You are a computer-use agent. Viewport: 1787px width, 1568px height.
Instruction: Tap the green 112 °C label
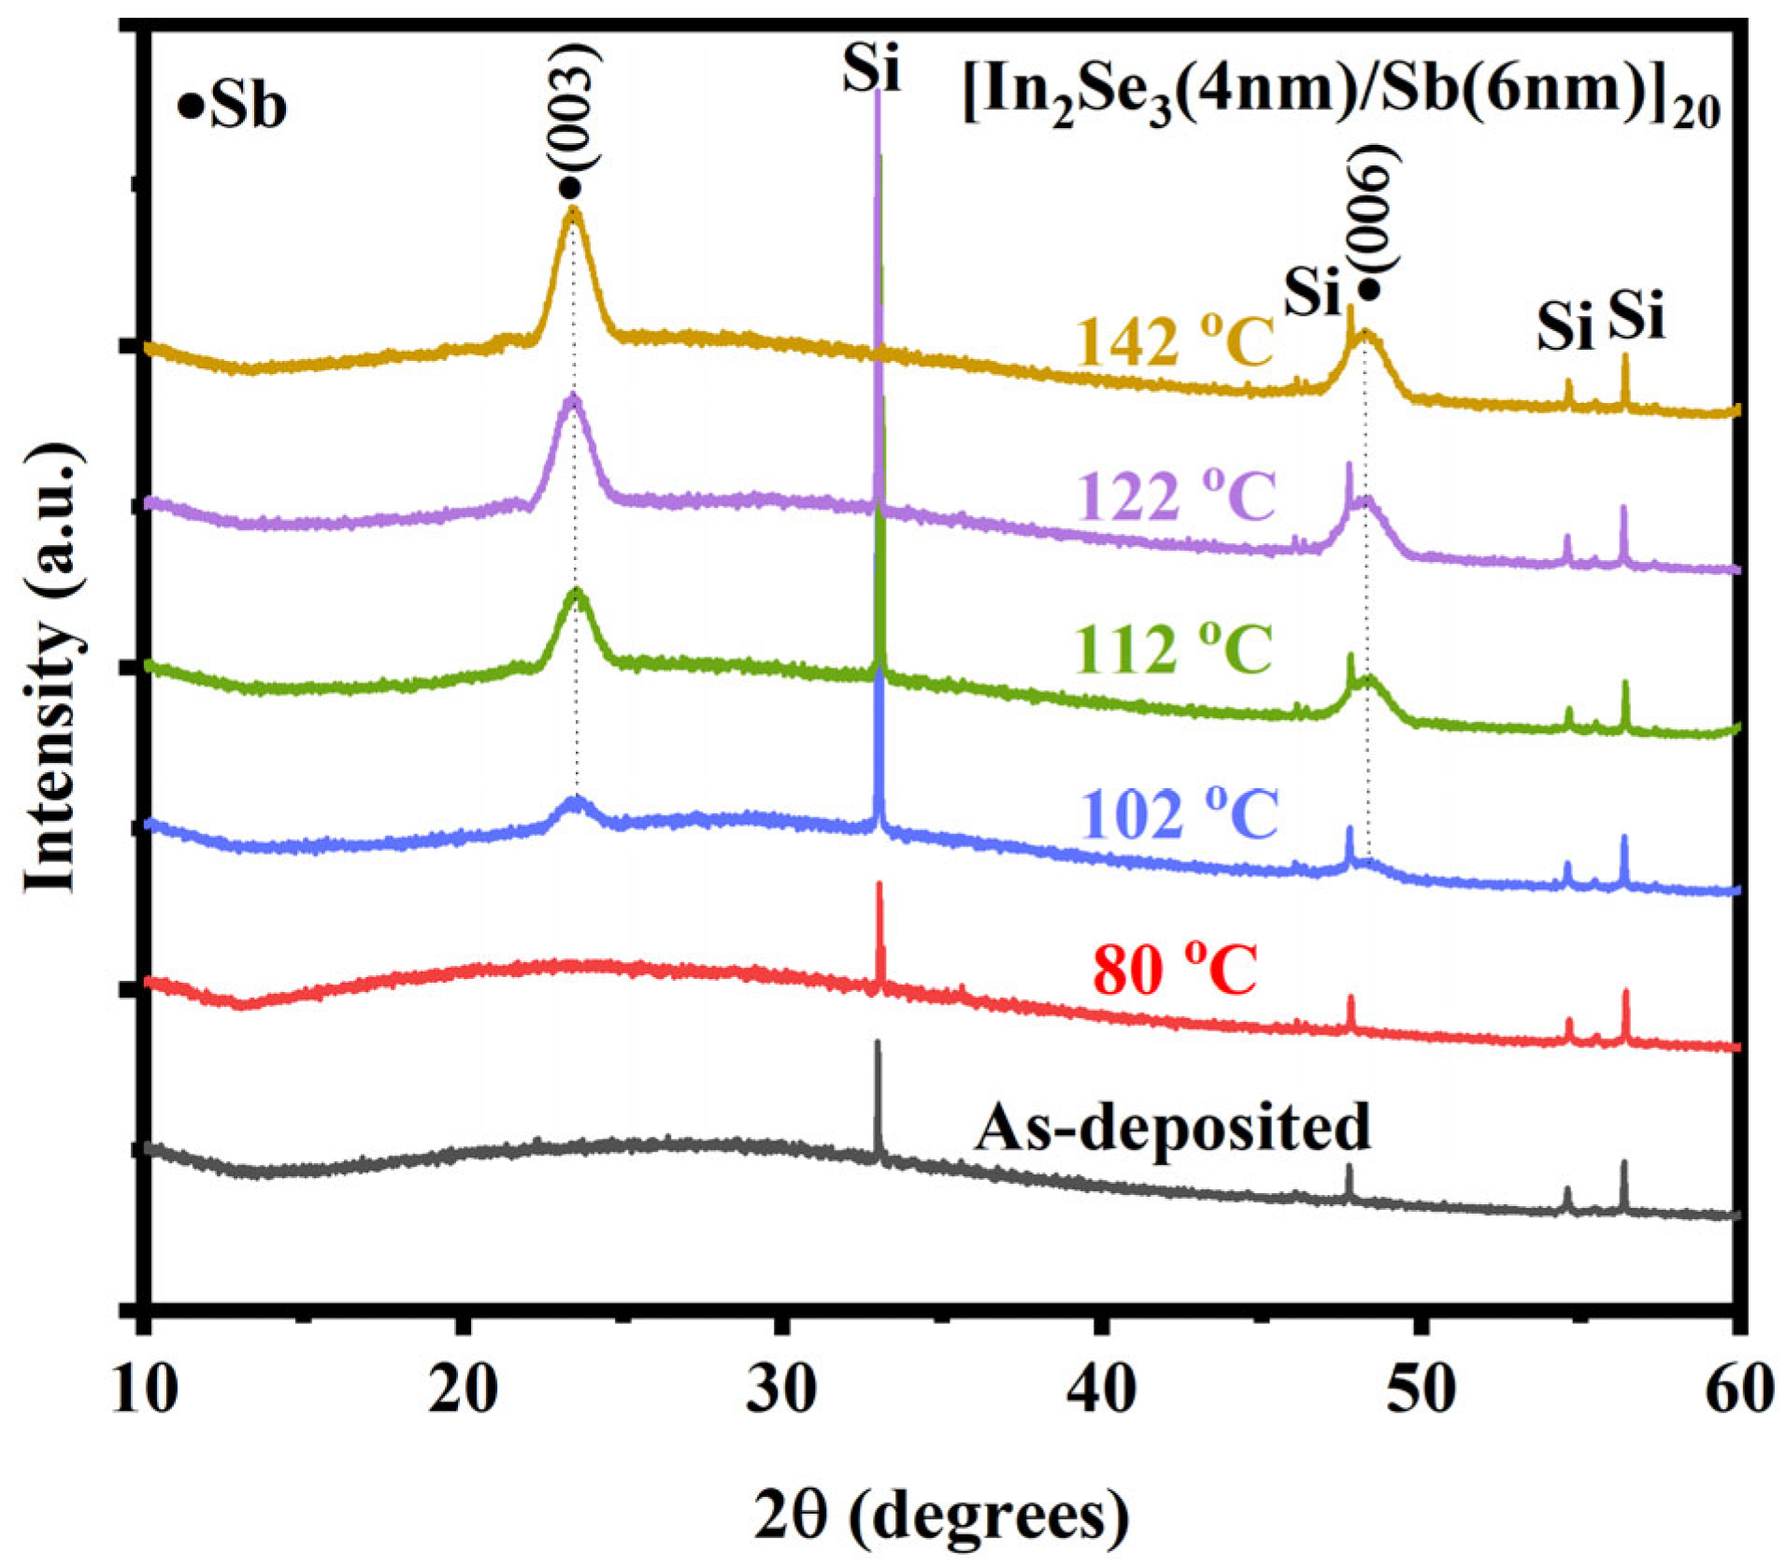coord(1174,647)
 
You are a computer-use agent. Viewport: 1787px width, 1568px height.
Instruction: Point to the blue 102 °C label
coord(1179,813)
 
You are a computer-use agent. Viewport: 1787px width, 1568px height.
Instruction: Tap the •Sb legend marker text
coord(233,107)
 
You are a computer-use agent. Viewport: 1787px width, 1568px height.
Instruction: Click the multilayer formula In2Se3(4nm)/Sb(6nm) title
coord(1340,94)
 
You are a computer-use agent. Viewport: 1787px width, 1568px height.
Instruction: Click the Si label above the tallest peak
coord(871,67)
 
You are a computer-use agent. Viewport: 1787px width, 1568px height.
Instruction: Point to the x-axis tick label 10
coord(145,1390)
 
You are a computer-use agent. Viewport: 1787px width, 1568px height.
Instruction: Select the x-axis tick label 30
coord(781,1390)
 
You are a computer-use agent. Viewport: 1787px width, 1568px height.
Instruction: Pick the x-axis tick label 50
coord(1420,1390)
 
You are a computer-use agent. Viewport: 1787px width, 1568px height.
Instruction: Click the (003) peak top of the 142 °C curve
coord(572,211)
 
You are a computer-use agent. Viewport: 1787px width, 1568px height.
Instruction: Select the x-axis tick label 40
coord(1101,1390)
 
